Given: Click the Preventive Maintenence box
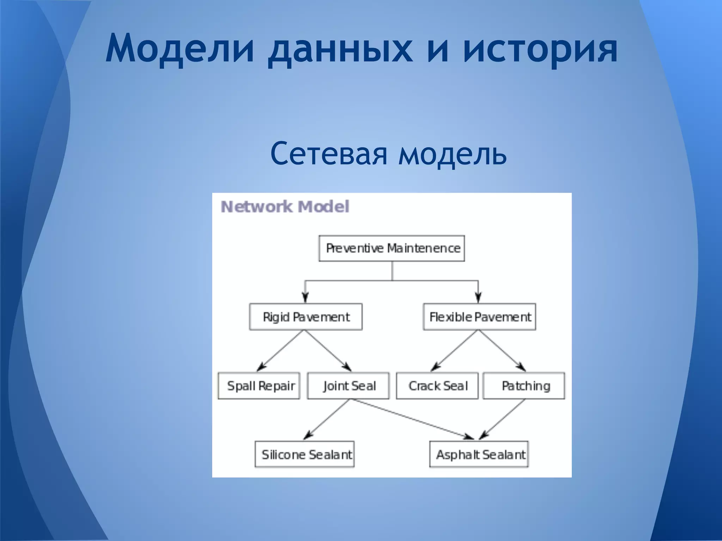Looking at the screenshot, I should (392, 249).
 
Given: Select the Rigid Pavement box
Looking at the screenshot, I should (306, 317).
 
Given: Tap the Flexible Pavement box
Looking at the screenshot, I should (479, 317).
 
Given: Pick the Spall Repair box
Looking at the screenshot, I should (259, 386).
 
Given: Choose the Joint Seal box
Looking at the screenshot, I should (348, 386).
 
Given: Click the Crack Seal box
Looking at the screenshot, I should (437, 386).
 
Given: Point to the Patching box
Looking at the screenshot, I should (524, 386).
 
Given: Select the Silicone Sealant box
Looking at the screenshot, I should (305, 455).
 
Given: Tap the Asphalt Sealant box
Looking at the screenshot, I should (479, 455).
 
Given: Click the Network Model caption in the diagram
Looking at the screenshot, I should (285, 207).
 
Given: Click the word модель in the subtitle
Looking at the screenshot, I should (453, 154).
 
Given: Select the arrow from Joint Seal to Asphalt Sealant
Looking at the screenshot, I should (412, 419).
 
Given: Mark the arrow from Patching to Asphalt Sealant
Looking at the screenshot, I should (502, 419).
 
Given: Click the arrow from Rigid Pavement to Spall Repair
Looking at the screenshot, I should (281, 350).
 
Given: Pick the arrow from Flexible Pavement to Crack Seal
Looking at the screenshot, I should (455, 350).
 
